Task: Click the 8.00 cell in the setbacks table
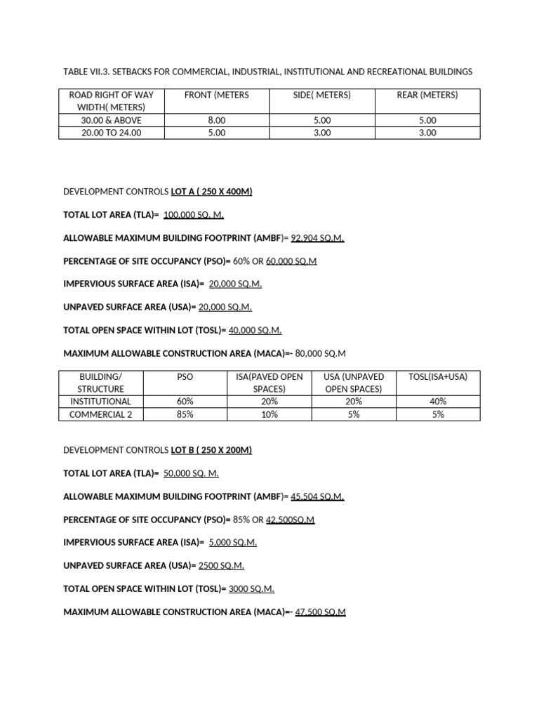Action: [x=217, y=121]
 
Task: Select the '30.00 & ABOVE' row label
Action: [x=112, y=121]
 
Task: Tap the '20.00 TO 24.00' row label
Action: [x=112, y=133]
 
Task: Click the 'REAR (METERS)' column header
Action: [x=427, y=95]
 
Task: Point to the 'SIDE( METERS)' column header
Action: [x=322, y=95]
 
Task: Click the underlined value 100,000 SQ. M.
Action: [x=194, y=215]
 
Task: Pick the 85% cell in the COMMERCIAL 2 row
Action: [x=186, y=414]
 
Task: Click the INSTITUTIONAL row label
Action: [x=101, y=402]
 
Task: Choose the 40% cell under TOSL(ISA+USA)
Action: [x=438, y=402]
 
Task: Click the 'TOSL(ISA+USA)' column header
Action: [x=438, y=377]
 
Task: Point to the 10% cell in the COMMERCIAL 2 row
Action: [x=269, y=414]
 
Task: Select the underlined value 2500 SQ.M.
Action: [x=222, y=566]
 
